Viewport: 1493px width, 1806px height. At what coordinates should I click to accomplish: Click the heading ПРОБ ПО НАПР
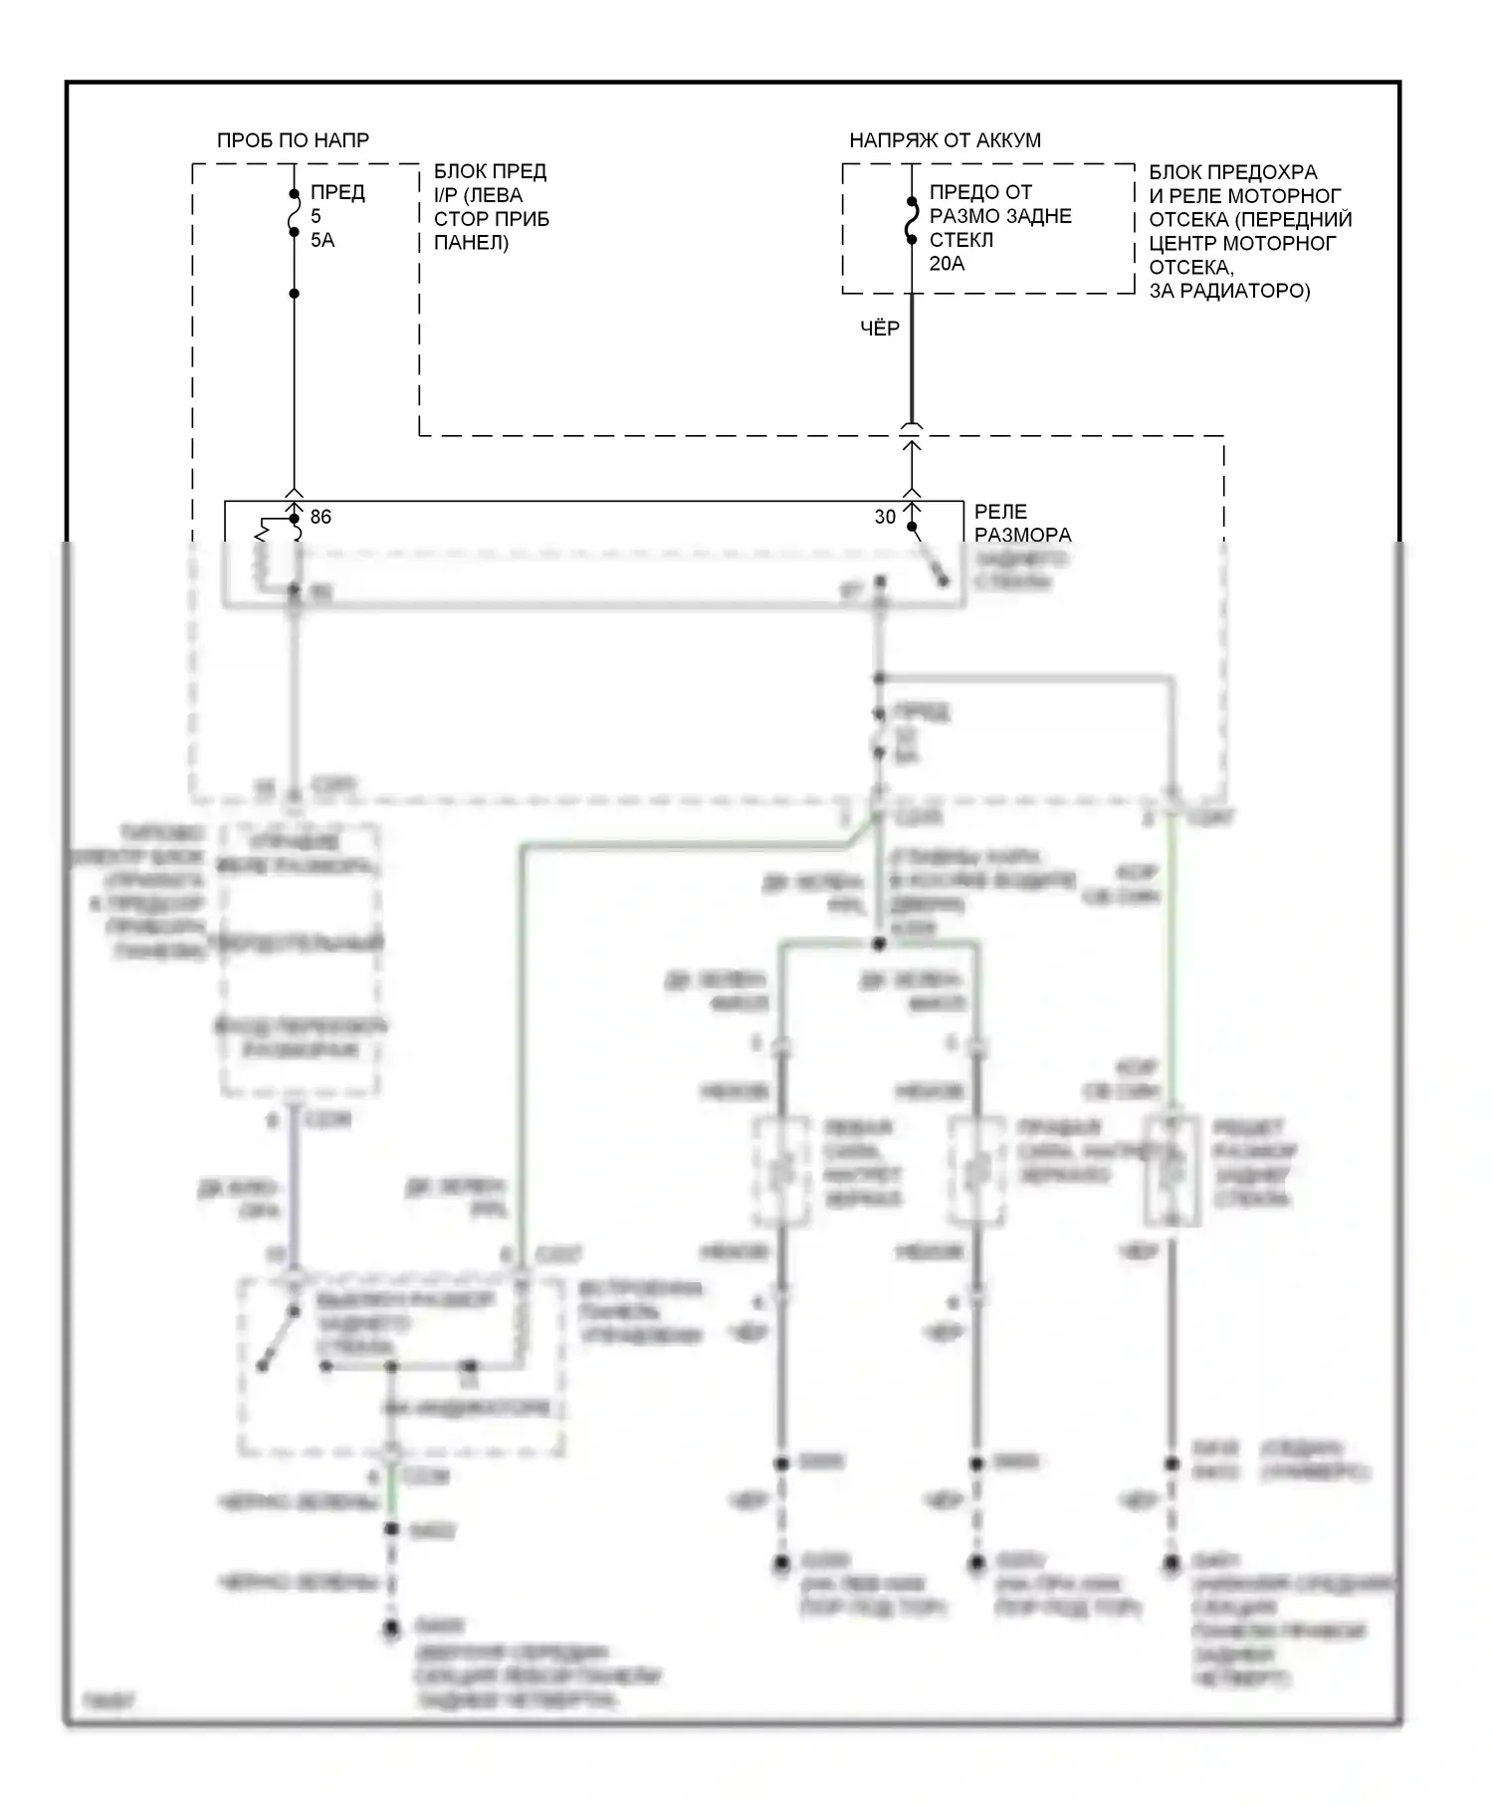tap(293, 140)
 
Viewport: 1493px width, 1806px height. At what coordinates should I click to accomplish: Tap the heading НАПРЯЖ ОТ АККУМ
tap(945, 140)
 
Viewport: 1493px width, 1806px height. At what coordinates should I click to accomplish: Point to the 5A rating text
tap(322, 240)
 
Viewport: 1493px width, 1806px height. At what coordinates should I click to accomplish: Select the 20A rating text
tap(947, 264)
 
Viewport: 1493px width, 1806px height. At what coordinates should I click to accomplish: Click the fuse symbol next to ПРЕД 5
tap(294, 213)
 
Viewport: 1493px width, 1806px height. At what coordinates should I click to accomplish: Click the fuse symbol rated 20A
tap(911, 220)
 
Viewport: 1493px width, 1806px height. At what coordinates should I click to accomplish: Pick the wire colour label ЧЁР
tap(880, 328)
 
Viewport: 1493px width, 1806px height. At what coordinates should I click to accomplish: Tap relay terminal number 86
tap(320, 517)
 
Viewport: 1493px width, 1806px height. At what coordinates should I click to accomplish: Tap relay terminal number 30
tap(885, 517)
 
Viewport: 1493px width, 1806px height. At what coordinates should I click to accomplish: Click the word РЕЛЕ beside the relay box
tap(1000, 512)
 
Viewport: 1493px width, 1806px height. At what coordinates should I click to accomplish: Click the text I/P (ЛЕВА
tap(478, 195)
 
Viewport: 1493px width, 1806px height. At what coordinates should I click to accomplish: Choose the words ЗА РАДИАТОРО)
tap(1229, 291)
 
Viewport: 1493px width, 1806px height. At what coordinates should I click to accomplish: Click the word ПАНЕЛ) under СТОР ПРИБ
tap(471, 242)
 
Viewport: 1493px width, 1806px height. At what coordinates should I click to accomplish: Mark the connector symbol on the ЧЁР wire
tap(911, 428)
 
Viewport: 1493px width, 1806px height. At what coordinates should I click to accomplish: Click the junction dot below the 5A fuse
tap(294, 294)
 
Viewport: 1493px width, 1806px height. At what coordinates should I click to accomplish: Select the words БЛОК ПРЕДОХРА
tap(1233, 171)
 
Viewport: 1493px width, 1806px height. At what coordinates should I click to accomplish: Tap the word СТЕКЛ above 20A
tap(961, 240)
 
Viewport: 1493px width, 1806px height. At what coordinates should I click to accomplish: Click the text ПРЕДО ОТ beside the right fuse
tap(980, 192)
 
